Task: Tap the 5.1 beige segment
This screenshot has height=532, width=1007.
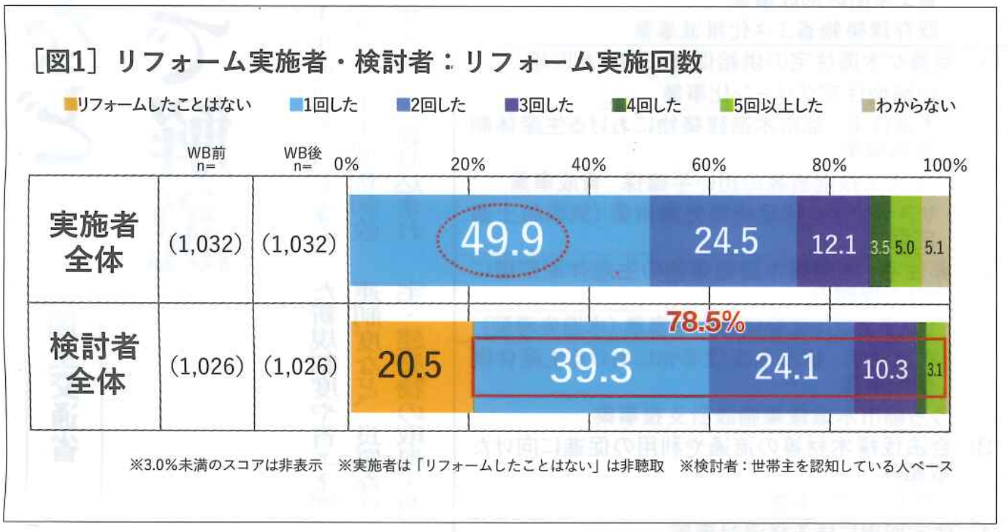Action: coord(935,247)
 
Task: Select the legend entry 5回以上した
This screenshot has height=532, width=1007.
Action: coord(771,105)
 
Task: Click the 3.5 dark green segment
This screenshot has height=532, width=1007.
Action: coord(879,247)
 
